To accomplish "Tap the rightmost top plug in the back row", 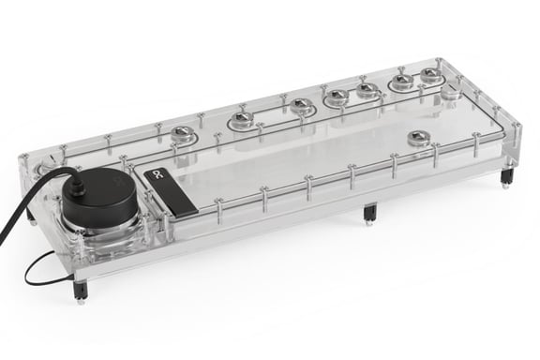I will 430,75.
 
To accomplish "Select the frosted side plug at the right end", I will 451,94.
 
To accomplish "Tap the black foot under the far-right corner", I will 506,175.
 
